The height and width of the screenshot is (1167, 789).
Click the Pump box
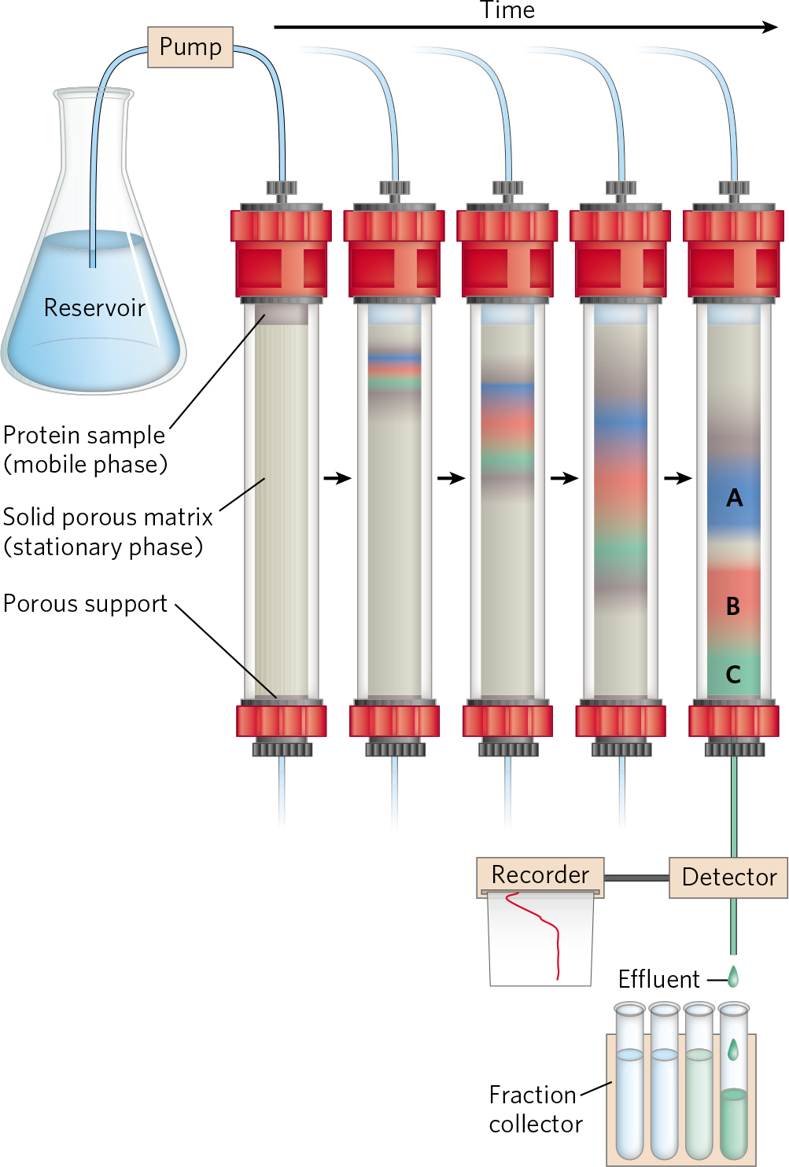pyautogui.click(x=190, y=47)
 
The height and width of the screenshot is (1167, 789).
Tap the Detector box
pyautogui.click(x=728, y=877)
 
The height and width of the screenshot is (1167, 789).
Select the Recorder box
pyautogui.click(x=540, y=875)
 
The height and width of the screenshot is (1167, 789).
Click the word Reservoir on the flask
pyautogui.click(x=94, y=307)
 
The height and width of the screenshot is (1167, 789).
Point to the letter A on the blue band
pyautogui.click(x=734, y=498)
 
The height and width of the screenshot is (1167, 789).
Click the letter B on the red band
pyautogui.click(x=732, y=606)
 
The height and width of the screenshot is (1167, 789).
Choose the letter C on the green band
pyautogui.click(x=733, y=675)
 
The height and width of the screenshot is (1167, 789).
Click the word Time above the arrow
pyautogui.click(x=507, y=10)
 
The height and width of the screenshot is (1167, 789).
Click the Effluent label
pyautogui.click(x=658, y=980)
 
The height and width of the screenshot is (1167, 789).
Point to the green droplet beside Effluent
pyautogui.click(x=733, y=977)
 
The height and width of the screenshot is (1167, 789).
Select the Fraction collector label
pyautogui.click(x=536, y=1110)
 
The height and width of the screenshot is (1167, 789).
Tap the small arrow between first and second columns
pyautogui.click(x=337, y=478)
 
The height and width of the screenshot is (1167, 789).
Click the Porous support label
pyautogui.click(x=85, y=604)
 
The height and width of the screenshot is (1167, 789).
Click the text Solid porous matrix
pyautogui.click(x=108, y=517)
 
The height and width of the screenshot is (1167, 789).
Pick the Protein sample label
pyautogui.click(x=84, y=436)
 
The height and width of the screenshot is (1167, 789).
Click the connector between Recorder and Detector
pyautogui.click(x=636, y=878)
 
